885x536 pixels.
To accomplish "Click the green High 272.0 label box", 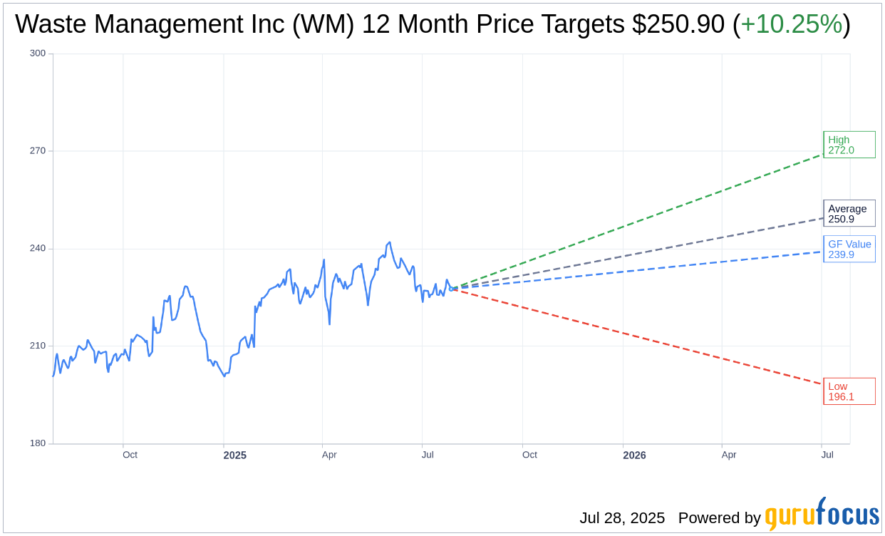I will pyautogui.click(x=849, y=145).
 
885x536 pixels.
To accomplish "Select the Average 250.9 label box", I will pyautogui.click(x=849, y=213).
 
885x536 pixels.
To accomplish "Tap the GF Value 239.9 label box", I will pyautogui.click(x=849, y=249).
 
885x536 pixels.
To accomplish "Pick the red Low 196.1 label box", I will pyautogui.click(x=849, y=391).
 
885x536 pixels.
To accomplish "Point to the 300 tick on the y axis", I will pyautogui.click(x=37, y=53).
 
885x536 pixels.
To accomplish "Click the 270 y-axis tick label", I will pyautogui.click(x=37, y=151).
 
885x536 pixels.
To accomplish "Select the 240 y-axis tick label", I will pyautogui.click(x=37, y=249).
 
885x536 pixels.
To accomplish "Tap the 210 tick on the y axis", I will pyautogui.click(x=37, y=346).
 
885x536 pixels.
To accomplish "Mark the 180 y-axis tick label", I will pyautogui.click(x=37, y=443).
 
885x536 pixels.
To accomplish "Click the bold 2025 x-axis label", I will pyautogui.click(x=234, y=455).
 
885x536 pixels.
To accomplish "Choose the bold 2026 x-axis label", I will pyautogui.click(x=634, y=455).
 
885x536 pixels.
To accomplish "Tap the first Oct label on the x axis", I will pyautogui.click(x=130, y=455).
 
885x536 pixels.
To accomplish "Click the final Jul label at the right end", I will pyautogui.click(x=827, y=455).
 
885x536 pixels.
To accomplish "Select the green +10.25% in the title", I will pyautogui.click(x=791, y=24).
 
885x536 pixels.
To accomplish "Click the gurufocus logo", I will pyautogui.click(x=822, y=515).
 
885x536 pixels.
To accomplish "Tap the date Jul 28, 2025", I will pyautogui.click(x=622, y=518).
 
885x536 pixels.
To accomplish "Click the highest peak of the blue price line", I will pyautogui.click(x=389, y=242).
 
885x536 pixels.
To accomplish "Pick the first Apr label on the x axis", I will pyautogui.click(x=329, y=455).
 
